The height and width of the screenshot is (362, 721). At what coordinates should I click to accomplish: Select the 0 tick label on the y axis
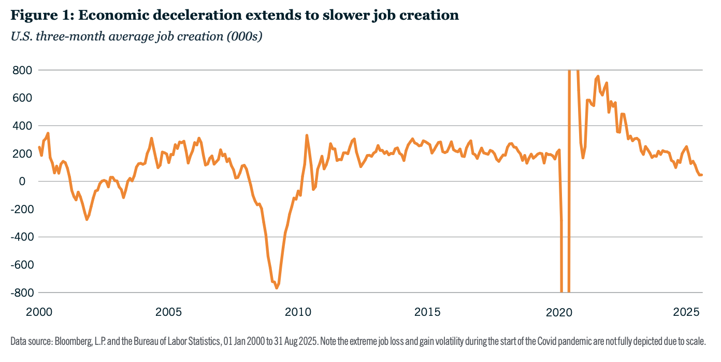pyautogui.click(x=22, y=182)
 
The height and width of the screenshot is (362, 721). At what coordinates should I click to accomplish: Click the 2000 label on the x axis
pyautogui.click(x=39, y=313)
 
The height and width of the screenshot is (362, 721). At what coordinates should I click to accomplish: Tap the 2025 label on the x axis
pyautogui.click(x=687, y=313)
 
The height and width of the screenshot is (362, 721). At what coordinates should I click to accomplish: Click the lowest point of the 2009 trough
pyautogui.click(x=277, y=288)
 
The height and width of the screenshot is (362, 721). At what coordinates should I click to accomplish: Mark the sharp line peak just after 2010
pyautogui.click(x=307, y=136)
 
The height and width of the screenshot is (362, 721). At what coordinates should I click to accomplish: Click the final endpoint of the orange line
pyautogui.click(x=702, y=175)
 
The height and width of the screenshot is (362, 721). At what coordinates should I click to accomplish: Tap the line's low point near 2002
pyautogui.click(x=86, y=219)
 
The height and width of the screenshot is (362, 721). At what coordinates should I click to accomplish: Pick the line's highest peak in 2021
pyautogui.click(x=598, y=76)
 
